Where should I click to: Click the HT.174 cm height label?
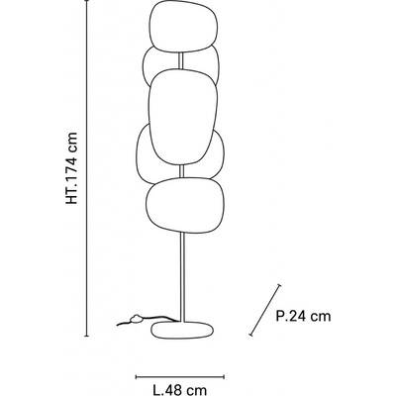(71, 168)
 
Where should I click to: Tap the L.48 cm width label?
(180, 390)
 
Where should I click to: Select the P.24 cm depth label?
(303, 316)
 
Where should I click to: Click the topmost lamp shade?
(184, 27)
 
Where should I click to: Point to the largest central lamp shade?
(182, 117)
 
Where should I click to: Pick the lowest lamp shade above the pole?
(185, 205)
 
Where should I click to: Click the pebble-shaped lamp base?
(182, 330)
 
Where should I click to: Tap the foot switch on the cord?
(136, 319)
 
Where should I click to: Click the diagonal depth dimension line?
(265, 310)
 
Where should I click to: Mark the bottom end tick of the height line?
(87, 336)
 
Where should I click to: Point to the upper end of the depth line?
(280, 285)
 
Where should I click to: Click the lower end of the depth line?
(250, 335)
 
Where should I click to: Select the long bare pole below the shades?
(183, 276)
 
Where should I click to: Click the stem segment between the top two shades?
(181, 60)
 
